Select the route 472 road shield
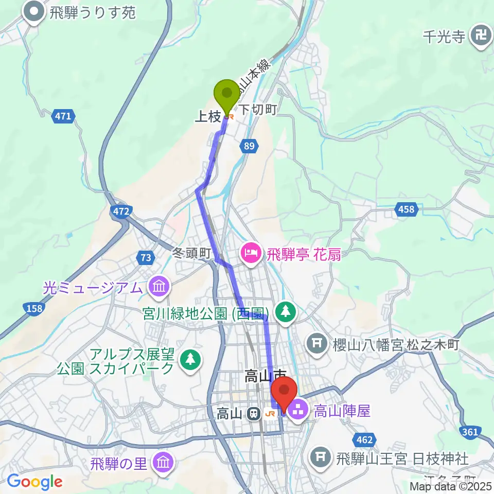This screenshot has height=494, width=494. pos(121,211)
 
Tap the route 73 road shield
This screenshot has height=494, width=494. pos(146,258)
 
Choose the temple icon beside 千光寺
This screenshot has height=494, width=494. pos(482,37)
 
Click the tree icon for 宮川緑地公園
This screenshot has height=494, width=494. pos(286,311)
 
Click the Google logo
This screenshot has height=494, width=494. pos(34,482)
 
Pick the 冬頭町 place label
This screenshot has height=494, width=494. pos(191,253)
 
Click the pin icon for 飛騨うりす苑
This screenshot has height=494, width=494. pos(36,12)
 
